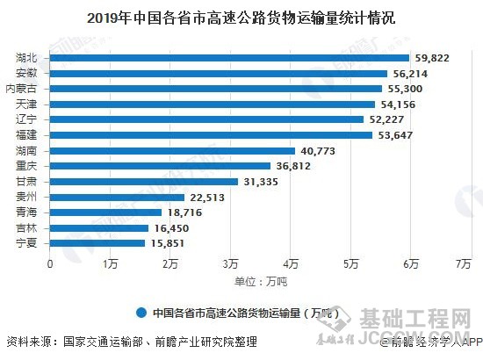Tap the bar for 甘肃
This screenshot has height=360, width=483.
(144, 182)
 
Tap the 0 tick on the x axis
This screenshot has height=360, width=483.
(51, 263)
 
